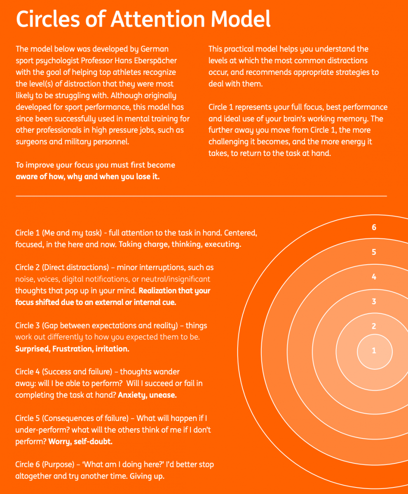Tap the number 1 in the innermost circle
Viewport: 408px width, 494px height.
click(x=374, y=351)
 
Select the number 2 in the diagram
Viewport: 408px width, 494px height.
click(x=374, y=326)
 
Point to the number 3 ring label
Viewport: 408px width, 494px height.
click(x=374, y=302)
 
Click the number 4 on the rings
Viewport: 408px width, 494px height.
click(x=374, y=277)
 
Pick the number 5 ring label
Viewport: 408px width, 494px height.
click(x=374, y=252)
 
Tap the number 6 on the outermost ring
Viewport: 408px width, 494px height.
click(x=374, y=227)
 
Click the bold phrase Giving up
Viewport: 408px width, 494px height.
click(x=147, y=476)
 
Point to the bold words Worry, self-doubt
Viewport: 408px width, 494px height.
click(x=80, y=442)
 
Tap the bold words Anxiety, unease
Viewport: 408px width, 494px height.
click(x=147, y=395)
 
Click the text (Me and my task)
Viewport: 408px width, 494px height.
click(x=73, y=233)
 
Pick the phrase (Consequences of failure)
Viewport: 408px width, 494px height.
click(x=85, y=419)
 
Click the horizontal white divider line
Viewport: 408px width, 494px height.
click(x=201, y=196)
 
